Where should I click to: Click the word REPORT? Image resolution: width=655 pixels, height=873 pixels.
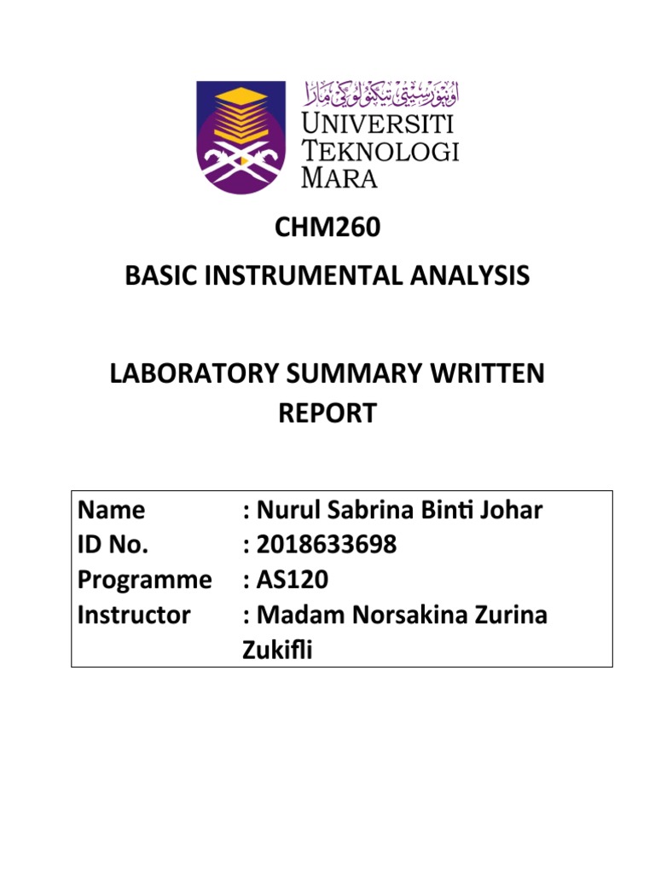[x=327, y=413]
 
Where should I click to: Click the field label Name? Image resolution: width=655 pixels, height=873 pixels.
[x=111, y=510]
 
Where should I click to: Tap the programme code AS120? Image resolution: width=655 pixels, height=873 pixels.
[x=292, y=580]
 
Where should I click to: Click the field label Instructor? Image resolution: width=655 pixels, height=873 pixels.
[x=134, y=615]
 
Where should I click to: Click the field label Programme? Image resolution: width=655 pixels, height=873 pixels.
[x=144, y=580]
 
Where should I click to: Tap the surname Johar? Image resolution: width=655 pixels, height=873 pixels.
[x=508, y=510]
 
